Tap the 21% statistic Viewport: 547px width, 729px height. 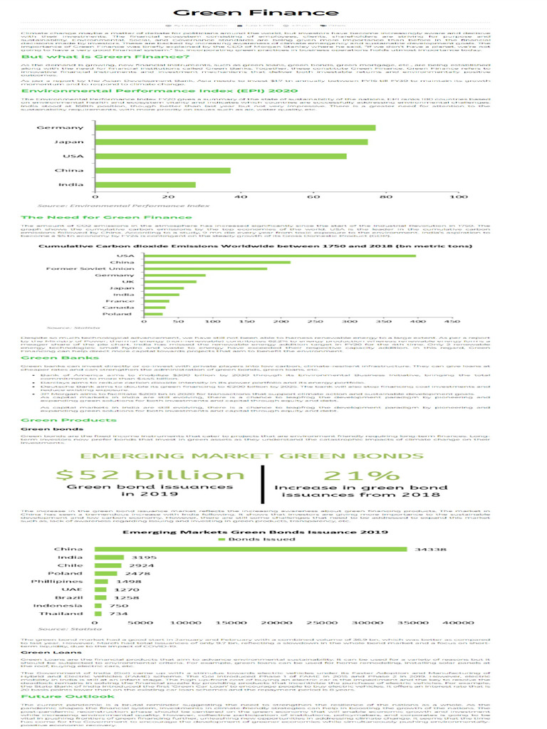tap(345, 476)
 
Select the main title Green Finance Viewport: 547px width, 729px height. tap(273, 13)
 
